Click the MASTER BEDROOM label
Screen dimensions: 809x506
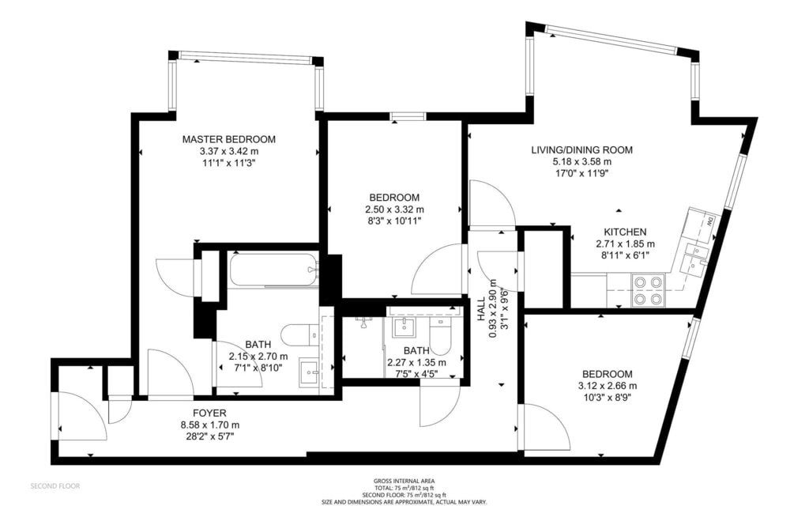[x=228, y=139]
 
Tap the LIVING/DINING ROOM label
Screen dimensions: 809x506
[x=582, y=150]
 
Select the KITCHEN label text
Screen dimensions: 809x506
[x=626, y=232]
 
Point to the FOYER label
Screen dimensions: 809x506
[x=209, y=413]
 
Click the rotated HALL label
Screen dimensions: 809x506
[x=480, y=309]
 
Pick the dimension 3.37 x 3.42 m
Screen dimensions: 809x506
[x=229, y=152]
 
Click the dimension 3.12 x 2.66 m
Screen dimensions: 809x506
[x=608, y=386]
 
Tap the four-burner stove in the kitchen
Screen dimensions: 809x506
[x=649, y=290]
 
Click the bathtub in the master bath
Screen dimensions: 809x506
[x=273, y=269]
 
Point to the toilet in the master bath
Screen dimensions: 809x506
[x=301, y=334]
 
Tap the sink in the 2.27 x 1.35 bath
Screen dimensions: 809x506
[x=404, y=327]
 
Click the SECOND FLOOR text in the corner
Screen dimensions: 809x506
[x=55, y=486]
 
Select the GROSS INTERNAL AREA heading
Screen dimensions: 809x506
[x=404, y=481]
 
